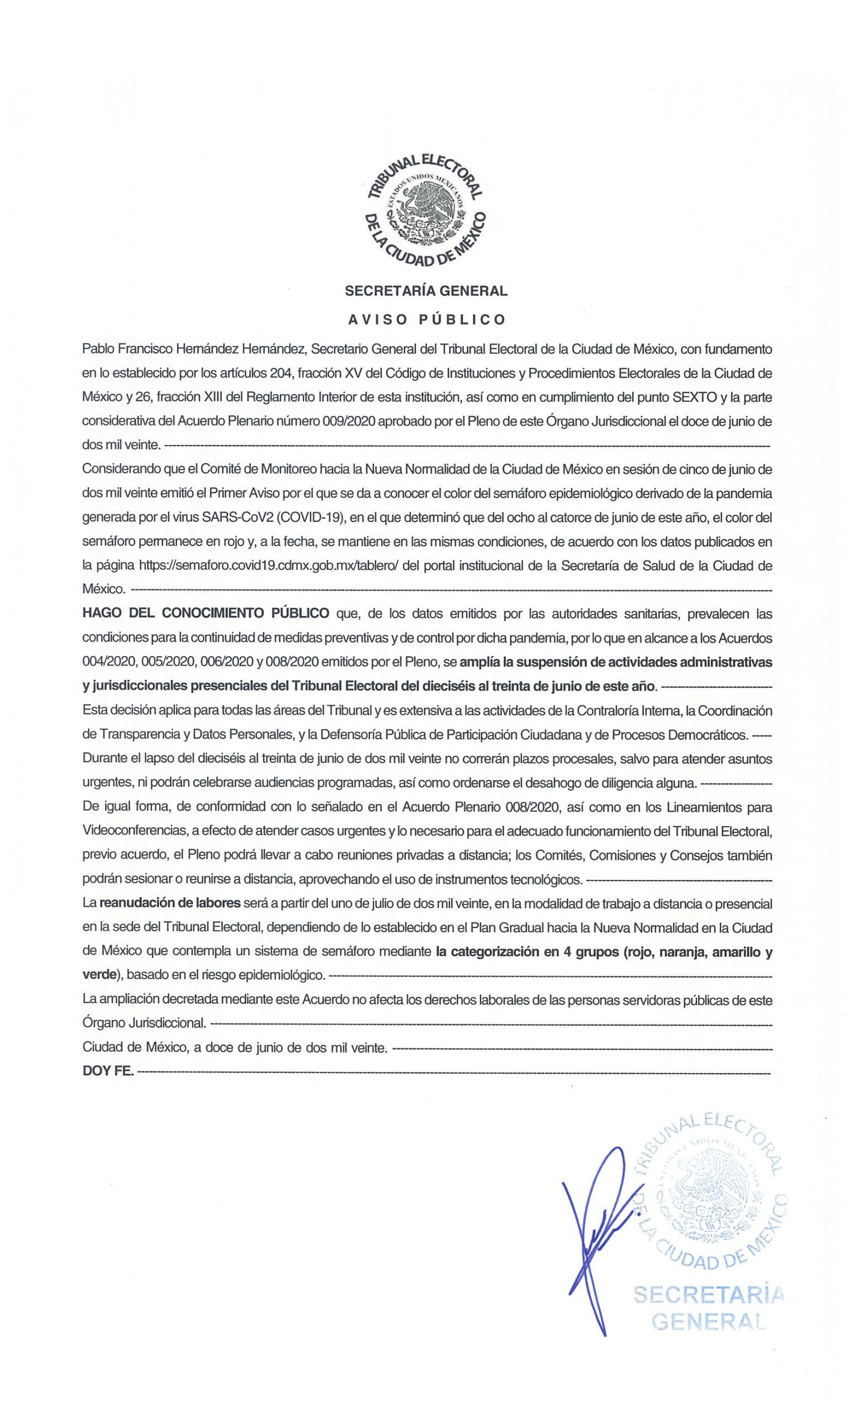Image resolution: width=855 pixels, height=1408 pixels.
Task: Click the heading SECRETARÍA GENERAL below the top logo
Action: click(x=426, y=291)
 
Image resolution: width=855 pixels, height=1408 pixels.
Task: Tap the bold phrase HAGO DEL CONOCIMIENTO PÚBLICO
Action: click(x=206, y=614)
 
